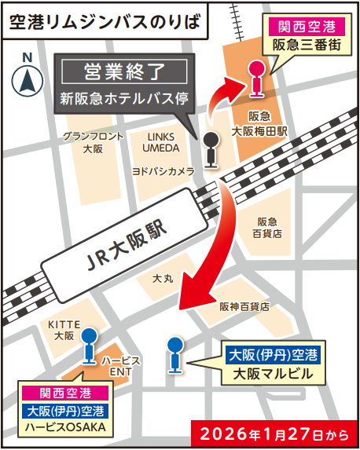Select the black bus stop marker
tap(211, 148)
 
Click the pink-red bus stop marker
tap(255, 77)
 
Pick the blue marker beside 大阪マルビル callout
tap(174, 353)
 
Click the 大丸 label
tap(163, 278)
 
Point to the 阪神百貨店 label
tap(244, 305)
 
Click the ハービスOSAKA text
tap(65, 427)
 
